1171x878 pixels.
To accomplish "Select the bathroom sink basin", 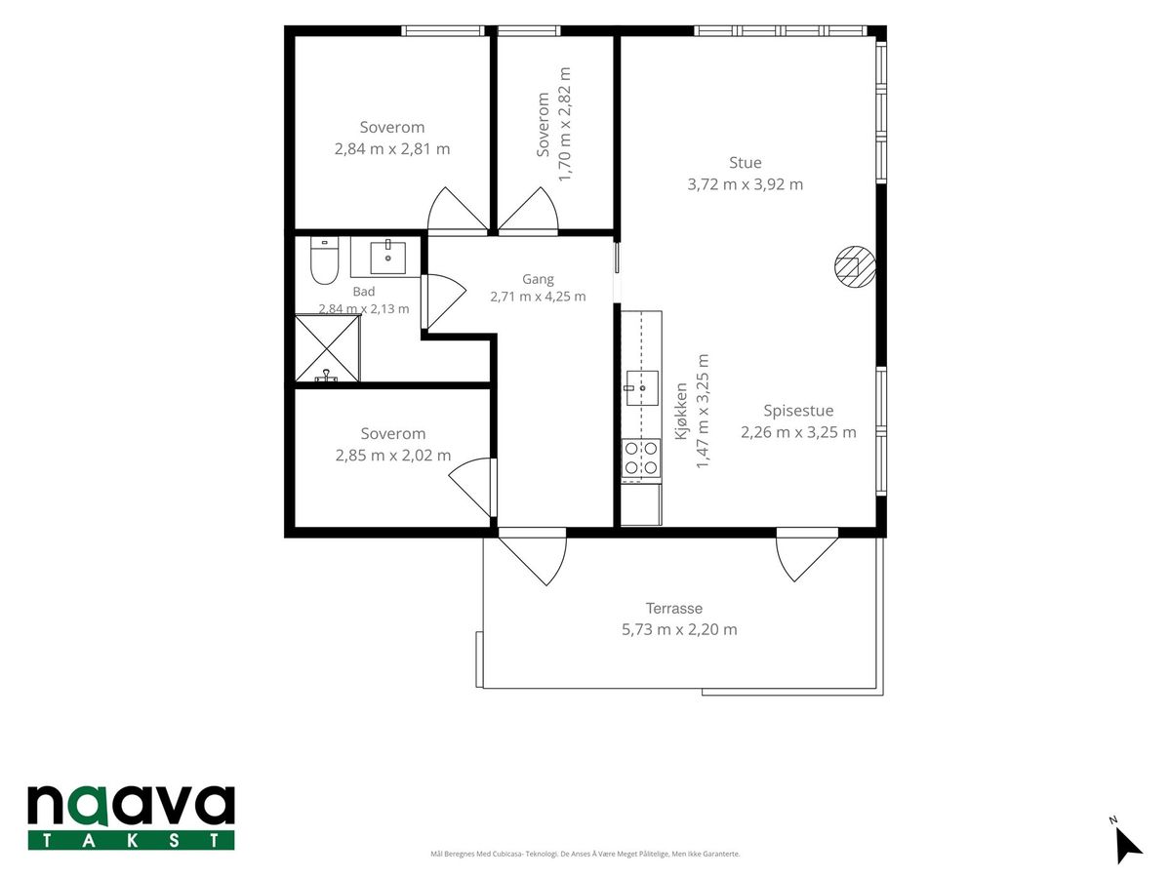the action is (387, 258).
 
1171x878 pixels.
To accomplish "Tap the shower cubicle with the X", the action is (328, 348).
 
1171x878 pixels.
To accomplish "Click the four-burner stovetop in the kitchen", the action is (641, 458).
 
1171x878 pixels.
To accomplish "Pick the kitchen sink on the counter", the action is (642, 388).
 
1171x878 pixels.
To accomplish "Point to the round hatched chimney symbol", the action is (855, 266).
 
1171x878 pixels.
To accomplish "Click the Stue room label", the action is (746, 163).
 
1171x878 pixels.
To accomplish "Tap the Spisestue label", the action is (798, 411).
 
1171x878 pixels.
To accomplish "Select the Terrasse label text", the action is (674, 608).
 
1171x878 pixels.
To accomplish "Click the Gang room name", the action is (538, 279).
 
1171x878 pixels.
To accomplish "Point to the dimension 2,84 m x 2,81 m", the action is (392, 148).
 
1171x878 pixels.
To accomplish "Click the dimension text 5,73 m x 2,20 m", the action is (679, 629).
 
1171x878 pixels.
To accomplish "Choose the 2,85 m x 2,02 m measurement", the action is (393, 456).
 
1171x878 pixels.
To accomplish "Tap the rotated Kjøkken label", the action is (681, 411).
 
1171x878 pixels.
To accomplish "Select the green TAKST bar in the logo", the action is (131, 840).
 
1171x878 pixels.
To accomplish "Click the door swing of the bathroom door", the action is (444, 301).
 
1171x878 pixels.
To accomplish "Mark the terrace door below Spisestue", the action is (806, 554).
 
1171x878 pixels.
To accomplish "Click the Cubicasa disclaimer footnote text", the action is (585, 854).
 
